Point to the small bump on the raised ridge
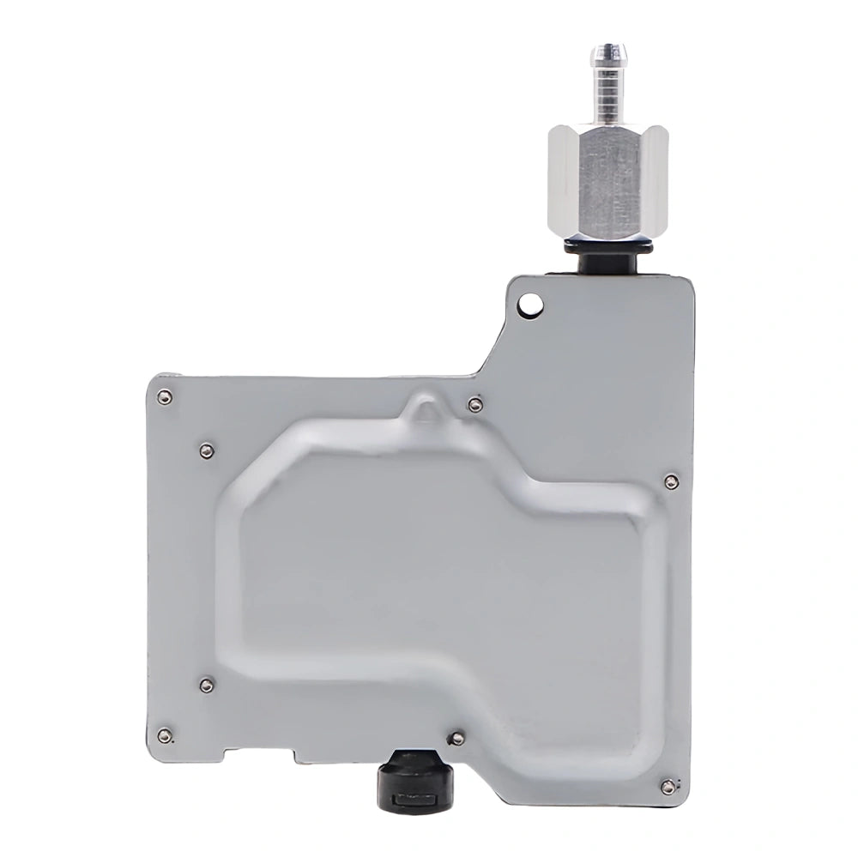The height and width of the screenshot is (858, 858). (420, 411)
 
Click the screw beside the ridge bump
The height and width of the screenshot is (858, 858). (474, 404)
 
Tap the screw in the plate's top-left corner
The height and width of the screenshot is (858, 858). (165, 396)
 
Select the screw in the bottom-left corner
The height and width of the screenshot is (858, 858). (165, 734)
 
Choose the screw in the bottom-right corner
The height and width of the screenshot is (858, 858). (667, 786)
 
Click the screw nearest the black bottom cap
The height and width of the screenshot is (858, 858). (458, 738)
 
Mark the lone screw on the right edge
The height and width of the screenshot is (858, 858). (671, 481)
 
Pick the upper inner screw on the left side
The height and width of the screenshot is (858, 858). (206, 450)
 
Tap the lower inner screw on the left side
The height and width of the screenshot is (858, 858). (206, 684)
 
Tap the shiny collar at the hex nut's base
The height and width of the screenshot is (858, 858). (607, 235)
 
